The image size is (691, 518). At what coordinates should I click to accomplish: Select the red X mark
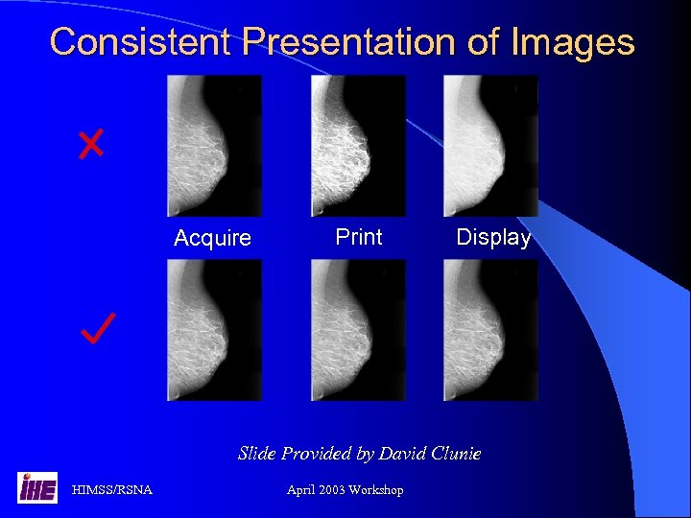[91, 145]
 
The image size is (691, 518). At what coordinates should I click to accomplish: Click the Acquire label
[212, 238]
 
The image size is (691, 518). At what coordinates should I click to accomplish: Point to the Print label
[359, 237]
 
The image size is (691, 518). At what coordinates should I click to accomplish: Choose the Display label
[493, 238]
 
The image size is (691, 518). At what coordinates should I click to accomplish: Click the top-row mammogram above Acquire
[214, 146]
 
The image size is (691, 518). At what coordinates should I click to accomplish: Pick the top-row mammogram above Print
[358, 146]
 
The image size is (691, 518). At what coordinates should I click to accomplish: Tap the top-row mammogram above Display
[490, 146]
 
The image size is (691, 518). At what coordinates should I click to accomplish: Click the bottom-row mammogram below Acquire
[214, 330]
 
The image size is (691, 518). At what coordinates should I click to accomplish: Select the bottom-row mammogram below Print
[358, 330]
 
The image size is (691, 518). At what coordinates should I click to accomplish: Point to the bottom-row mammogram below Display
[490, 330]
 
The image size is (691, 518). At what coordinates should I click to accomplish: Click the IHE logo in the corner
[37, 487]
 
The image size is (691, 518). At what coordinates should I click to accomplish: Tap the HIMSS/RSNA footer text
[112, 490]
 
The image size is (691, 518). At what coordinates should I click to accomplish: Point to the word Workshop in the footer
[377, 490]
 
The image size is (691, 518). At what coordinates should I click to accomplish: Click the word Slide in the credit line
[257, 453]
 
